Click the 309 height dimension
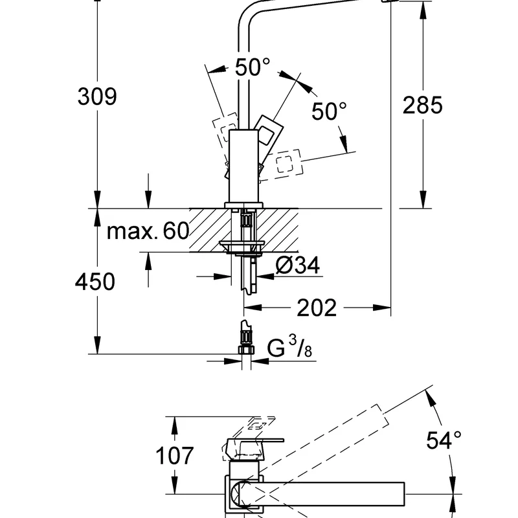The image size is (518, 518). tap(97, 97)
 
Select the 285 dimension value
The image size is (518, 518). tap(423, 105)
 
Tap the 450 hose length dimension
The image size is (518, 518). tap(96, 282)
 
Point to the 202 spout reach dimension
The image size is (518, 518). tap(317, 308)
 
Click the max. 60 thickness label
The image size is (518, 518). tap(147, 231)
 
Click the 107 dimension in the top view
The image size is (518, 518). tap(175, 456)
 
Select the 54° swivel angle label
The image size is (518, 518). tap(444, 440)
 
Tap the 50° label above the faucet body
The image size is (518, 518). tap(252, 67)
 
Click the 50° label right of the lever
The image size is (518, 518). tap(330, 111)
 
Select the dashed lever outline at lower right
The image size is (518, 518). tap(287, 163)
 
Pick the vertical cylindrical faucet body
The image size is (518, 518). tap(244, 165)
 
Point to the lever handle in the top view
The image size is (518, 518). tap(256, 446)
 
